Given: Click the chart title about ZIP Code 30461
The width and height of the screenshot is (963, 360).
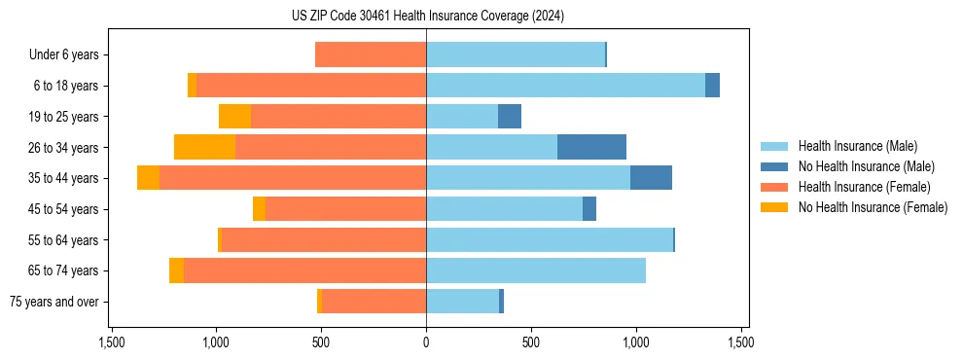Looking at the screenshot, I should [426, 17].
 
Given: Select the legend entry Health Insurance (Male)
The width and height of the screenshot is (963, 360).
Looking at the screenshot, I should [857, 146].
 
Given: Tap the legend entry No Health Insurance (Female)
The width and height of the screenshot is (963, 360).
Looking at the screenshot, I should [873, 207].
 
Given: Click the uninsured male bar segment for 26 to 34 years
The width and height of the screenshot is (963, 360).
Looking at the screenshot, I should [591, 147].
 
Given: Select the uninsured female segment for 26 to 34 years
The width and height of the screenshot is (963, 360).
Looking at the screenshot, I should [204, 147].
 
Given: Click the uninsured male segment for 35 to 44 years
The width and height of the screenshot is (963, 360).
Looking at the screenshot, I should [651, 178].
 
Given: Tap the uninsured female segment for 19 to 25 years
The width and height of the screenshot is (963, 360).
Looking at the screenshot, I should [234, 117].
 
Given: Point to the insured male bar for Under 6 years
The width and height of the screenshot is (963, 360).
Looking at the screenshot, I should [516, 55].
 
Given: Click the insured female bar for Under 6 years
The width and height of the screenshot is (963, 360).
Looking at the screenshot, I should [371, 55].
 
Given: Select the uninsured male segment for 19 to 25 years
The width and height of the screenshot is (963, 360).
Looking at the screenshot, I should [510, 117].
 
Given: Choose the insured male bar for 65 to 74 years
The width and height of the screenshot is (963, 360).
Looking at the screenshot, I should [536, 270].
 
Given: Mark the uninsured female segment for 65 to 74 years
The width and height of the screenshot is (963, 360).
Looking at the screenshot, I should [176, 270].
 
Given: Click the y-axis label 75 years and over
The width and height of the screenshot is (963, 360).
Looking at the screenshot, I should [54, 302].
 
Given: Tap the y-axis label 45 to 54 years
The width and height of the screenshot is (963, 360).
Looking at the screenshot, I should [64, 209].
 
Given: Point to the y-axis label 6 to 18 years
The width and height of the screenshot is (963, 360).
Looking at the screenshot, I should [66, 86].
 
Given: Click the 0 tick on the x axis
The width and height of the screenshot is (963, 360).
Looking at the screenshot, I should [426, 342].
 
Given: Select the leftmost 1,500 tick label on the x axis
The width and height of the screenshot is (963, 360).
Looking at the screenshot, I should [111, 342].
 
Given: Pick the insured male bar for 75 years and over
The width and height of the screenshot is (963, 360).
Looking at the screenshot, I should [462, 302].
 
